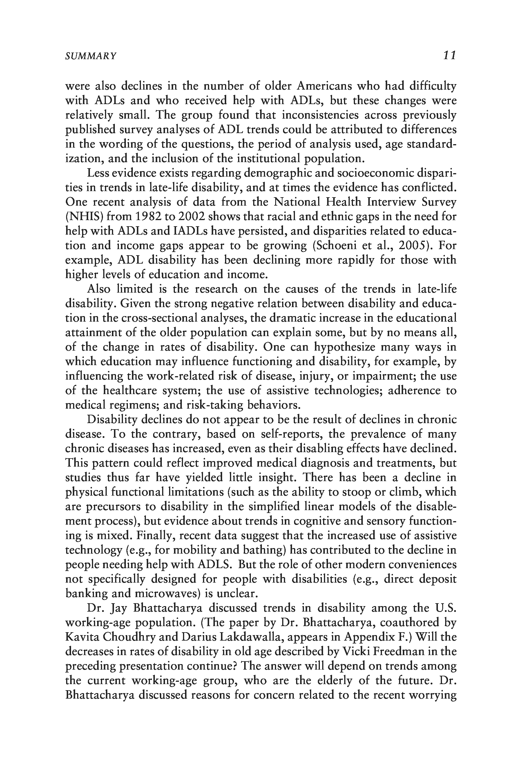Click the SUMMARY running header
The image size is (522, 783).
(x=91, y=56)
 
